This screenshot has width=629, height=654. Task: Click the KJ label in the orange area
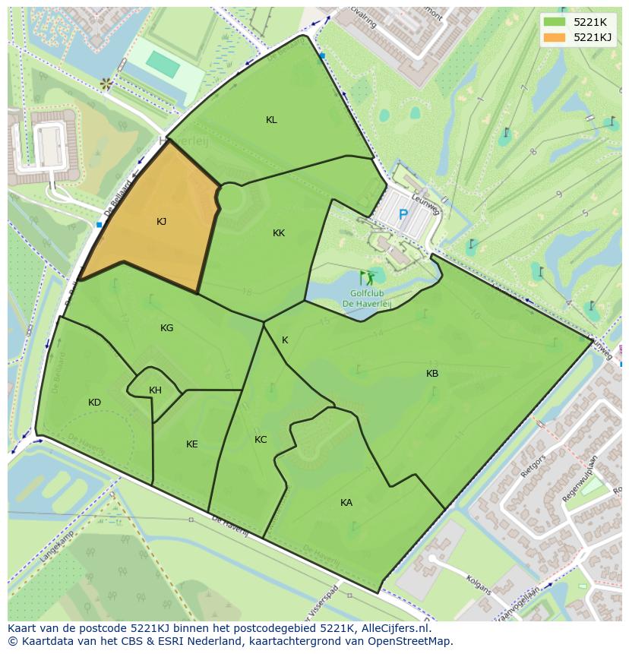pyautogui.click(x=161, y=222)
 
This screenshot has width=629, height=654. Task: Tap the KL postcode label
pyautogui.click(x=271, y=120)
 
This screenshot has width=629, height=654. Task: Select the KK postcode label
pyautogui.click(x=279, y=233)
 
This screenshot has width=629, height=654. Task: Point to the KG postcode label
pyautogui.click(x=166, y=328)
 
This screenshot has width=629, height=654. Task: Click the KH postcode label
pyautogui.click(x=155, y=390)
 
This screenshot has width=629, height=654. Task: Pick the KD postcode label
pyautogui.click(x=94, y=403)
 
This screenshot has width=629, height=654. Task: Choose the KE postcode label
pyautogui.click(x=191, y=444)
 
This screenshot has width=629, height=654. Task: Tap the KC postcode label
pyautogui.click(x=261, y=440)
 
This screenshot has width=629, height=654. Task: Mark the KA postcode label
pyautogui.click(x=346, y=503)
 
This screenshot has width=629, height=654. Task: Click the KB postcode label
pyautogui.click(x=432, y=374)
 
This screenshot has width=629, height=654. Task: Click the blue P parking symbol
pyautogui.click(x=403, y=215)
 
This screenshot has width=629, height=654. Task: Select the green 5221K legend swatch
pyautogui.click(x=554, y=22)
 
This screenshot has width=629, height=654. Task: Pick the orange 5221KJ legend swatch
pyautogui.click(x=554, y=37)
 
